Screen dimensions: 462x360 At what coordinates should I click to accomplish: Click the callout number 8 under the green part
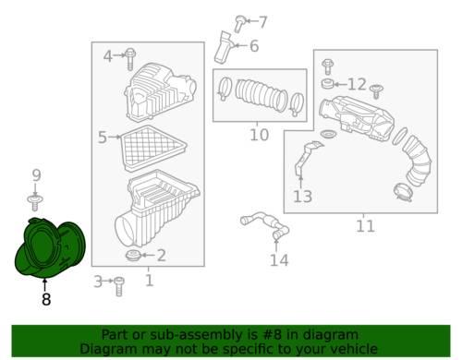[x=46, y=299]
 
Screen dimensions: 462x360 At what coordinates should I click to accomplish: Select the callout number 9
[x=36, y=175]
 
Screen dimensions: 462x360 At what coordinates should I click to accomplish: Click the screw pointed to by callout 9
[x=35, y=202]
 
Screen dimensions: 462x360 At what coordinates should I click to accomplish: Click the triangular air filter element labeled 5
[x=153, y=149]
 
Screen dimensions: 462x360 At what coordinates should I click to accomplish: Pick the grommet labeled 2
[x=133, y=256]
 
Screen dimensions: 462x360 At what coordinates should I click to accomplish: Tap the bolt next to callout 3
[x=119, y=286]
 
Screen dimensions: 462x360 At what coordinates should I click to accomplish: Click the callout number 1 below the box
[x=149, y=281]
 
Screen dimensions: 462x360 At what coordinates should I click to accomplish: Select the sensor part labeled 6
[x=223, y=48]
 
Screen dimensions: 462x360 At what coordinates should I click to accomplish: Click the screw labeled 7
[x=239, y=23]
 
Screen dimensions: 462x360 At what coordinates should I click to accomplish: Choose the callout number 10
[x=259, y=135]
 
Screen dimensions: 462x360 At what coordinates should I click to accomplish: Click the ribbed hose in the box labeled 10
[x=261, y=95]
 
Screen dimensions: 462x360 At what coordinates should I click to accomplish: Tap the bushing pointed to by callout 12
[x=327, y=84]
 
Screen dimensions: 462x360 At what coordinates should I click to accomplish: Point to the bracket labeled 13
[x=308, y=159]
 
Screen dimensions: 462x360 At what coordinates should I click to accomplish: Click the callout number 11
[x=365, y=226]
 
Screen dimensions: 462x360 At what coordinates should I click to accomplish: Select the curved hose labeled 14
[x=265, y=226]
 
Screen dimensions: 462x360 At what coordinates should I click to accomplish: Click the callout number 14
[x=279, y=260]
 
